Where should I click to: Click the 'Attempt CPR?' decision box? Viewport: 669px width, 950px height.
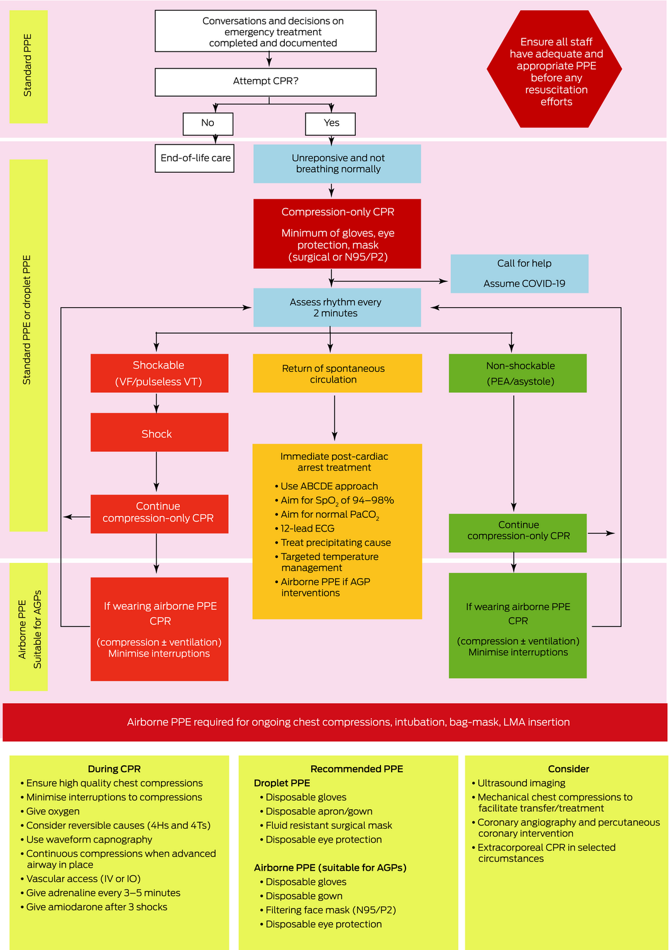tap(265, 82)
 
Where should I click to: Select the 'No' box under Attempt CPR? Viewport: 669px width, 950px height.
tap(207, 123)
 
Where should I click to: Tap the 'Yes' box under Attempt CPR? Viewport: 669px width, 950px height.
tap(331, 123)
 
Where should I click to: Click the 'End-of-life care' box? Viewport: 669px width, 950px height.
tap(195, 158)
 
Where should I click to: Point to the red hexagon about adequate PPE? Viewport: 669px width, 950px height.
tap(555, 69)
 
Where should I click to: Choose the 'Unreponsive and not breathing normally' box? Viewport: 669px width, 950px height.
tap(337, 164)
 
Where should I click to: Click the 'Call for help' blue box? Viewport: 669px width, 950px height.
tap(519, 273)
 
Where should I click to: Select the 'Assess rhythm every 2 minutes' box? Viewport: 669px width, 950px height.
tap(337, 307)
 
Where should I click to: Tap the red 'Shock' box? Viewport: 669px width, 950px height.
tap(159, 433)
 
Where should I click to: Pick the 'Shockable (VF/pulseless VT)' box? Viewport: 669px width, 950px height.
tap(159, 373)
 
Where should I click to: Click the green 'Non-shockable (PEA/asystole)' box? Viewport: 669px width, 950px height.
tap(517, 373)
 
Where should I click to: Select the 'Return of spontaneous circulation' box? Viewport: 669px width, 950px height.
tap(337, 374)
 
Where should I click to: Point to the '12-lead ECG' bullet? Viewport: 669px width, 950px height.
tap(307, 528)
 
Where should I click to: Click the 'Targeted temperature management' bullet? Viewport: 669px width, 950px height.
tap(329, 562)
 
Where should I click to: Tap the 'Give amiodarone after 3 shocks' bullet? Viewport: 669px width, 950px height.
tap(97, 907)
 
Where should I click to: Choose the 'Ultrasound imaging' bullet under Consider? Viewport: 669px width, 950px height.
tap(521, 783)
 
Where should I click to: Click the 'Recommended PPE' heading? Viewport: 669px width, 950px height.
tap(357, 768)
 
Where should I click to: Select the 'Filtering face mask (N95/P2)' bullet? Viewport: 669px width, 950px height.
tap(331, 910)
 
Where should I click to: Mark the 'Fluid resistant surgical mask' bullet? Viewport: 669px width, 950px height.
tap(329, 825)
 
